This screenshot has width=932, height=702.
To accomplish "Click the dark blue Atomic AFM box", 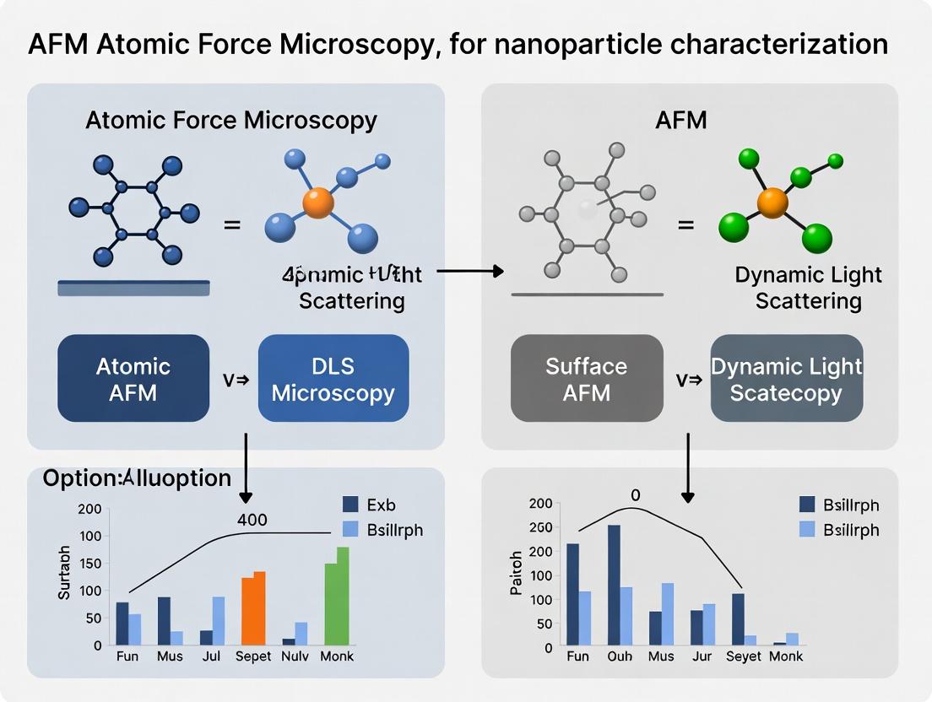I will (133, 378).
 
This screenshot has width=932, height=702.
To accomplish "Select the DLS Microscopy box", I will (333, 378).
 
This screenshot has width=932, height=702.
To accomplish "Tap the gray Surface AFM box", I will (587, 378).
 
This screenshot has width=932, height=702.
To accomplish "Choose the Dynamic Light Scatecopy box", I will (786, 378).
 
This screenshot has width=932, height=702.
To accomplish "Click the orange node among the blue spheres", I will (318, 203).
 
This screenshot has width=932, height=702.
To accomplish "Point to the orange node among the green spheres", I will (772, 202).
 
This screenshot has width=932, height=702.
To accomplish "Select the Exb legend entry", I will (370, 505).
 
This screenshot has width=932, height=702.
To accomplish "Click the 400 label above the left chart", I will (252, 520).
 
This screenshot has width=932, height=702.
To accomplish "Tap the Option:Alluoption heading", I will (137, 478).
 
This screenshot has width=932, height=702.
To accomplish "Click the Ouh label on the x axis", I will (620, 656).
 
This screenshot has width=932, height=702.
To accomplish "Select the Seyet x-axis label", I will (744, 656).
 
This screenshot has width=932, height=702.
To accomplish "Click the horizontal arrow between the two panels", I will (470, 271).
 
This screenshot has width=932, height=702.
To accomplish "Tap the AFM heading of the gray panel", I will (680, 121).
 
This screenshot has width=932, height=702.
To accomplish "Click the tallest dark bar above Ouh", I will (614, 582).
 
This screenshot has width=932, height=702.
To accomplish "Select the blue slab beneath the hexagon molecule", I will (133, 288).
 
